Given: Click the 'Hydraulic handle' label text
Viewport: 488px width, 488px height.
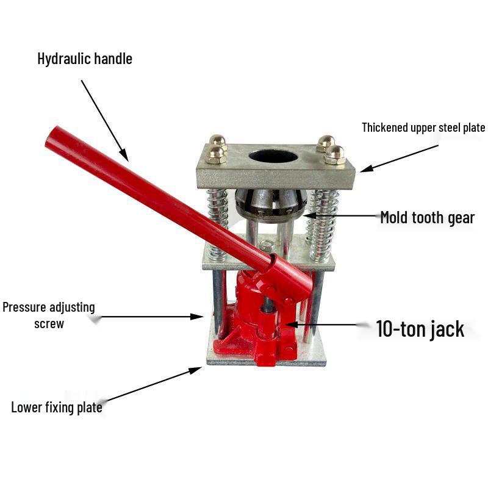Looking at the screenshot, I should pyautogui.click(x=85, y=59).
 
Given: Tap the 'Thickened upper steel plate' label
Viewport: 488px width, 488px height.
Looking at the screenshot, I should pyautogui.click(x=423, y=127).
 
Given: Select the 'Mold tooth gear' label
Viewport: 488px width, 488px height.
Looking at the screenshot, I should pyautogui.click(x=427, y=217).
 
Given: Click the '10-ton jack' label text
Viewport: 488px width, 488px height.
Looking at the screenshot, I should pyautogui.click(x=420, y=329).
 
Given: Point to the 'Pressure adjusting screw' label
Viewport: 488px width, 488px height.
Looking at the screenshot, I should pyautogui.click(x=49, y=315).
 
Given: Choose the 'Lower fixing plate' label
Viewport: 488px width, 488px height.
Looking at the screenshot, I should pyautogui.click(x=57, y=407).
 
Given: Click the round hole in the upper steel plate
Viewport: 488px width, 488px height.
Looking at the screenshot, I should pyautogui.click(x=273, y=156).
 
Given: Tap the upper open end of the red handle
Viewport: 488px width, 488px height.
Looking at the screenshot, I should pyautogui.click(x=52, y=138).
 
